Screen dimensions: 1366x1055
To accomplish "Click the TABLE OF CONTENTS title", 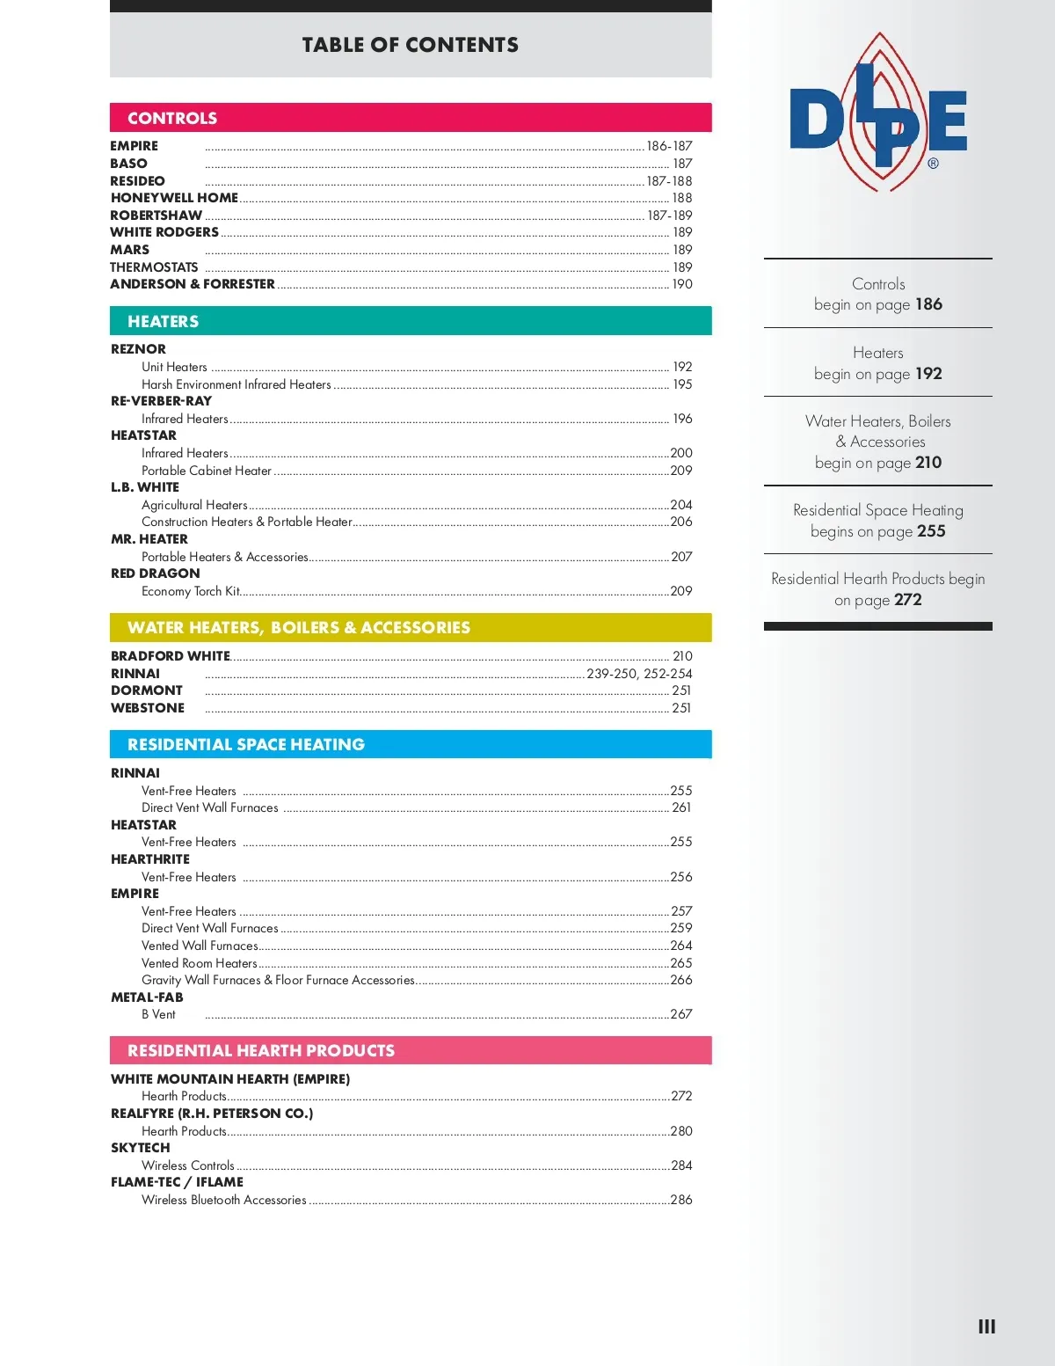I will click(410, 45).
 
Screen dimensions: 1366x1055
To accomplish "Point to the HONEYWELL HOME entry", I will click(174, 198).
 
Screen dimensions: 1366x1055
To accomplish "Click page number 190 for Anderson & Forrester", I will click(682, 284).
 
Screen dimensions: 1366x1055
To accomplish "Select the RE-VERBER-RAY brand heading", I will click(161, 401).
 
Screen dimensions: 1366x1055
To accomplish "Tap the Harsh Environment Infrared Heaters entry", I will click(236, 384).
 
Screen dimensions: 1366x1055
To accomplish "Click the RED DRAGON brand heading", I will click(155, 573).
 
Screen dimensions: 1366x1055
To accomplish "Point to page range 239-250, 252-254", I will click(639, 674).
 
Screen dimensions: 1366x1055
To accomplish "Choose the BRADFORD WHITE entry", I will click(170, 656).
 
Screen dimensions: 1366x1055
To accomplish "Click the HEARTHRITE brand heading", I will click(149, 859).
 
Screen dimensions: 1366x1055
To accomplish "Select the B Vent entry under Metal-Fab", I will click(158, 1014).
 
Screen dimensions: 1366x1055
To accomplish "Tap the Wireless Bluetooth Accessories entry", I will click(223, 1200).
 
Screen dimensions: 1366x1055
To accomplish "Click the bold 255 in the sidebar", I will click(931, 531).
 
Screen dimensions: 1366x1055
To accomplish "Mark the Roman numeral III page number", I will click(986, 1326).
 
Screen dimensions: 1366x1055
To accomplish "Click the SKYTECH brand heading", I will click(140, 1148).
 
